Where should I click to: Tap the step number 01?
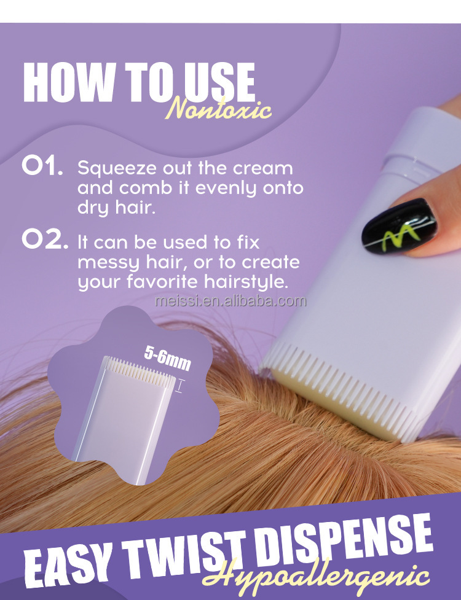click(42, 167)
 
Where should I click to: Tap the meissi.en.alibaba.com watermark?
click(230, 301)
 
